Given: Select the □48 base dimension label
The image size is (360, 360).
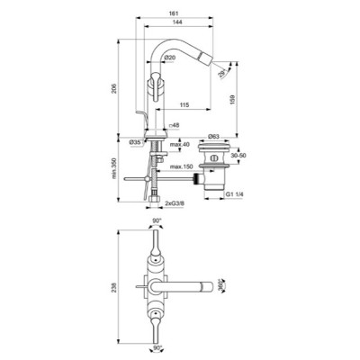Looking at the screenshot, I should (x=175, y=127).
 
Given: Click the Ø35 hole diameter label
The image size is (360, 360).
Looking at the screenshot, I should (x=136, y=142).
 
